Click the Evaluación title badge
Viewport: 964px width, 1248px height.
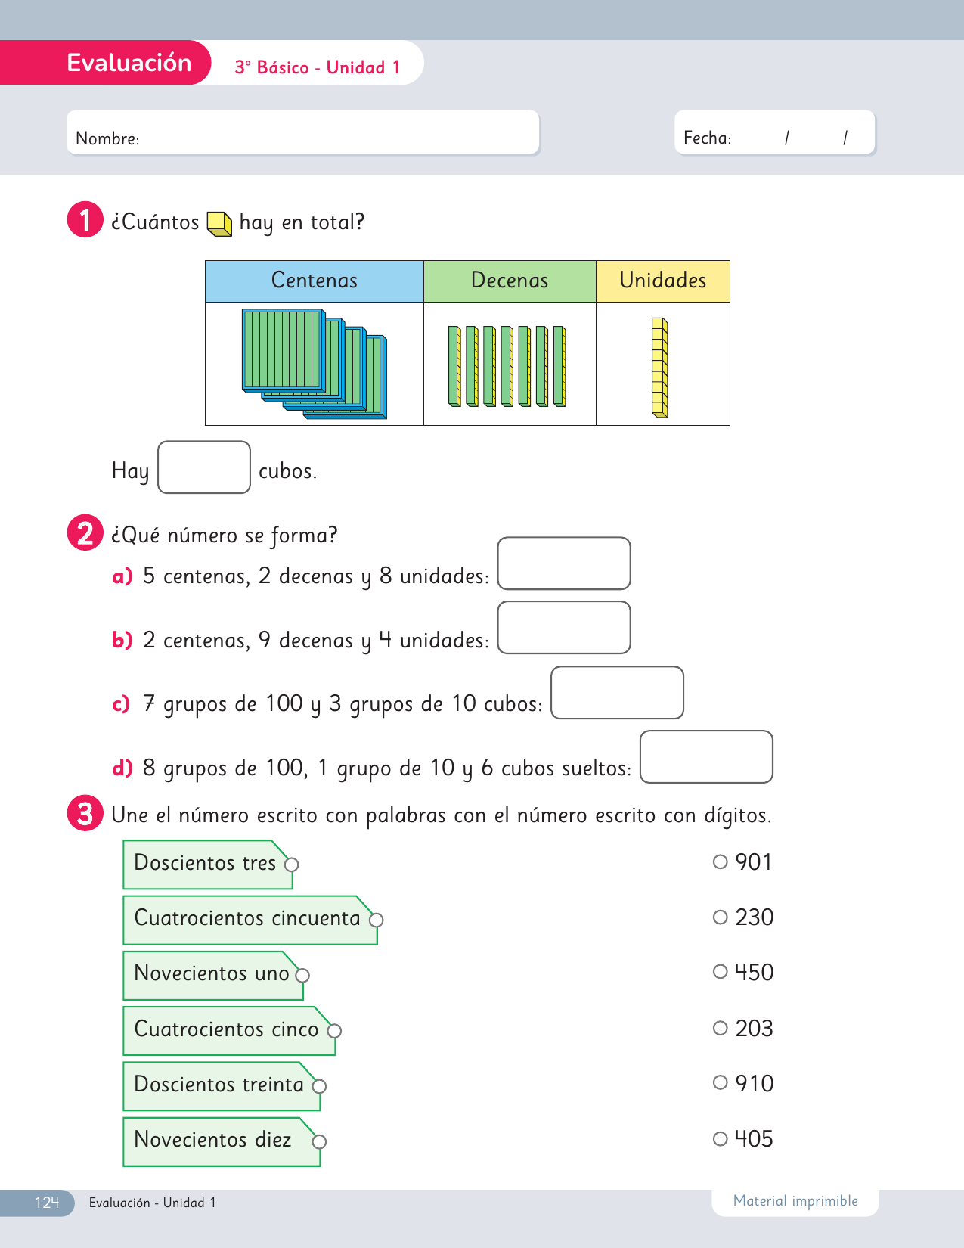pyautogui.click(x=129, y=63)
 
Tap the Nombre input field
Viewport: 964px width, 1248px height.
pyautogui.click(x=302, y=133)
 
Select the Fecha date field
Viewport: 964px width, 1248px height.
pyautogui.click(x=774, y=133)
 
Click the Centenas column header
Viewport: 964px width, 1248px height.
pyautogui.click(x=314, y=281)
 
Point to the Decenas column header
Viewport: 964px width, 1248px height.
pyautogui.click(x=510, y=281)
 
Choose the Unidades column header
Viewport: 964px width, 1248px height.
pyautogui.click(x=662, y=281)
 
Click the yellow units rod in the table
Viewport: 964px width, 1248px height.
pyautogui.click(x=660, y=368)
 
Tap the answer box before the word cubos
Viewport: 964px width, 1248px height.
pyautogui.click(x=203, y=467)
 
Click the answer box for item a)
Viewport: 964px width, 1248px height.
pyautogui.click(x=563, y=563)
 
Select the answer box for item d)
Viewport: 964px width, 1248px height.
pyautogui.click(x=706, y=756)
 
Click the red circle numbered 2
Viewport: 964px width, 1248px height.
pyautogui.click(x=85, y=532)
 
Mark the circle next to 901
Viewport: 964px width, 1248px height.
pyautogui.click(x=720, y=861)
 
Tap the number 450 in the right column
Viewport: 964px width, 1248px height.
pyautogui.click(x=754, y=973)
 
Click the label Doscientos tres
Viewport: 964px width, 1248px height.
pyautogui.click(x=205, y=863)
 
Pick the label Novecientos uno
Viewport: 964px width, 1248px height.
pyautogui.click(x=211, y=973)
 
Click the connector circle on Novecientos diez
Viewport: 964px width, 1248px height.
pyautogui.click(x=319, y=1141)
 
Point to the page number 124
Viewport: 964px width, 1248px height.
pyautogui.click(x=46, y=1203)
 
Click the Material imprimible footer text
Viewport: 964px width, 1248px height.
pyautogui.click(x=795, y=1201)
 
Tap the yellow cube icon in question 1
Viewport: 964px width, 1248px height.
pyautogui.click(x=219, y=223)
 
